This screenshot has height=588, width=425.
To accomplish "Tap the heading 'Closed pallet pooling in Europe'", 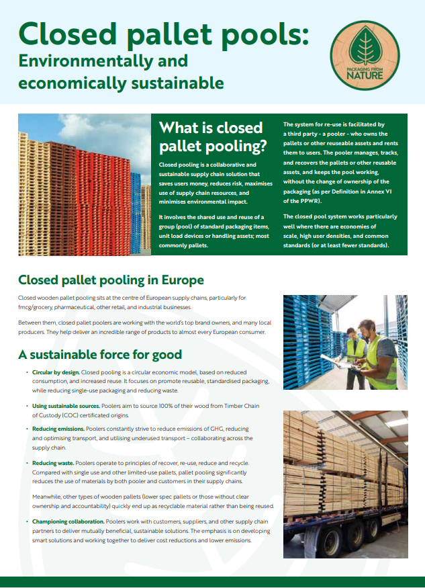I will [111, 280].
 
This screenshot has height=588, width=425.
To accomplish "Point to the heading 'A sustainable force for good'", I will [99, 354].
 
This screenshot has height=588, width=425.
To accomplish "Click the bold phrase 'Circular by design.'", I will [56, 372].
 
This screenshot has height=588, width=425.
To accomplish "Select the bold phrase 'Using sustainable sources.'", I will [66, 407].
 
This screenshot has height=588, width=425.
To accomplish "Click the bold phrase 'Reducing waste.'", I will [53, 463].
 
